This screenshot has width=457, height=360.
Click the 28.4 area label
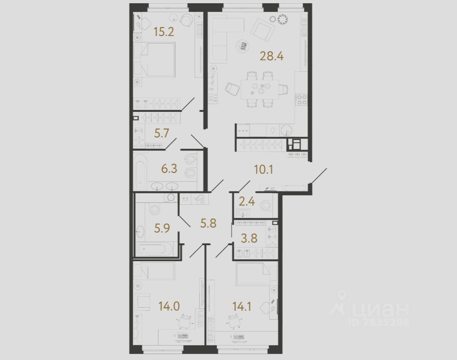271,56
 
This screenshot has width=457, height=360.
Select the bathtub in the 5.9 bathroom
155,249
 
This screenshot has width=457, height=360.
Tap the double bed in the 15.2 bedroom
155,60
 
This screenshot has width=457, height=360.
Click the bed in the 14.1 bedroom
256,274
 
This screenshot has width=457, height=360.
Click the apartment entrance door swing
319,177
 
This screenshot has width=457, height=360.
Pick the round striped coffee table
242,46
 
